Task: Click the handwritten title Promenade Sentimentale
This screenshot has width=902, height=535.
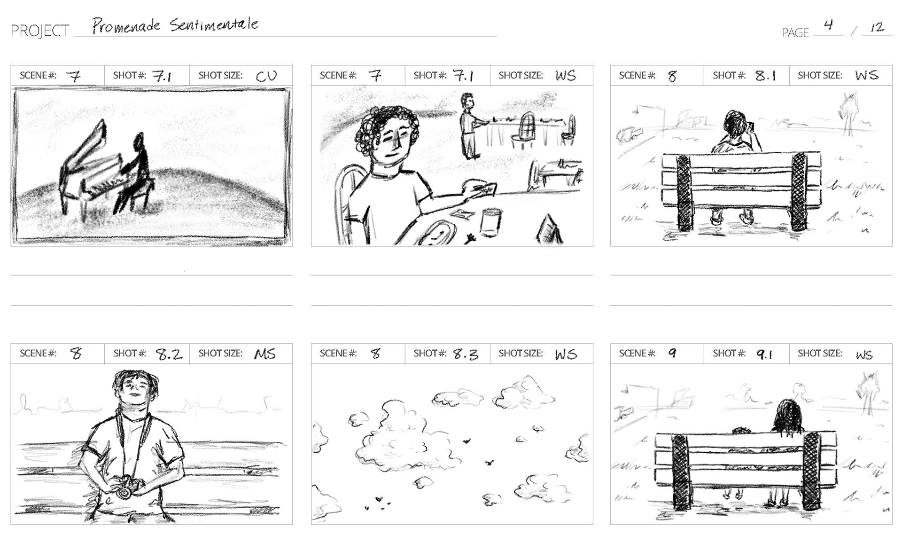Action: pyautogui.click(x=175, y=25)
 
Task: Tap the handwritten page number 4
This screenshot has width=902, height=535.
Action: pyautogui.click(x=828, y=24)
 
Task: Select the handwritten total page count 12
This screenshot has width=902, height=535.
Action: pyautogui.click(x=877, y=27)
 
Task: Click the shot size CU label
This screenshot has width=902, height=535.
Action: pyautogui.click(x=266, y=76)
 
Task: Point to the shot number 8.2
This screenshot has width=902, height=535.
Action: pyautogui.click(x=169, y=354)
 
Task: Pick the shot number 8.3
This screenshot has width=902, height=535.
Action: pyautogui.click(x=466, y=354)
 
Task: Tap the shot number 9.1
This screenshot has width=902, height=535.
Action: pyautogui.click(x=764, y=354)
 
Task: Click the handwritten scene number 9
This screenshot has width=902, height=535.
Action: pyautogui.click(x=672, y=353)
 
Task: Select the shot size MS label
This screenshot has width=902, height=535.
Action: pyautogui.click(x=265, y=354)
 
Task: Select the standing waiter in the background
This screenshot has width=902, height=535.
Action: pyautogui.click(x=468, y=126)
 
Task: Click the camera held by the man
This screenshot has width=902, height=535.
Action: pyautogui.click(x=124, y=486)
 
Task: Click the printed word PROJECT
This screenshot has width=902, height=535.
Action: pyautogui.click(x=40, y=31)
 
